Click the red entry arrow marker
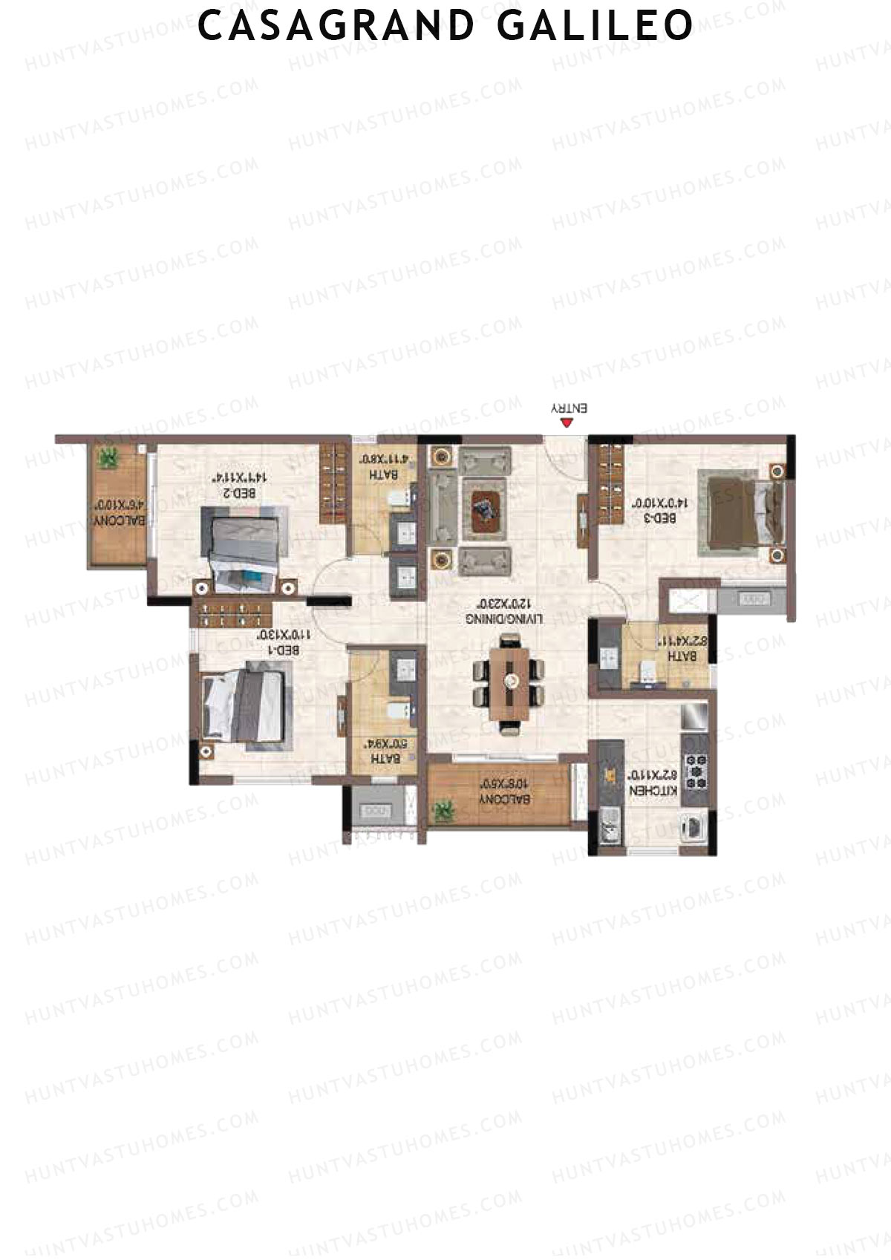(x=567, y=423)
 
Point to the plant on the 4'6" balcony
(x=109, y=457)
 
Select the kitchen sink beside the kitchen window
(x=610, y=827)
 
